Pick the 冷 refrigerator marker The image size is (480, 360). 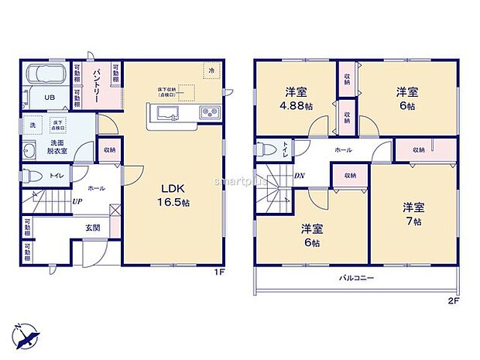(211, 70)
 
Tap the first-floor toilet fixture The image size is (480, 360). (33, 176)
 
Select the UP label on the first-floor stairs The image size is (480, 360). (77, 202)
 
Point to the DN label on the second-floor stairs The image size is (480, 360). (299, 177)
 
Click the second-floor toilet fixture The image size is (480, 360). (266, 149)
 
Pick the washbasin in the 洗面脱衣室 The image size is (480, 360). (29, 150)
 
